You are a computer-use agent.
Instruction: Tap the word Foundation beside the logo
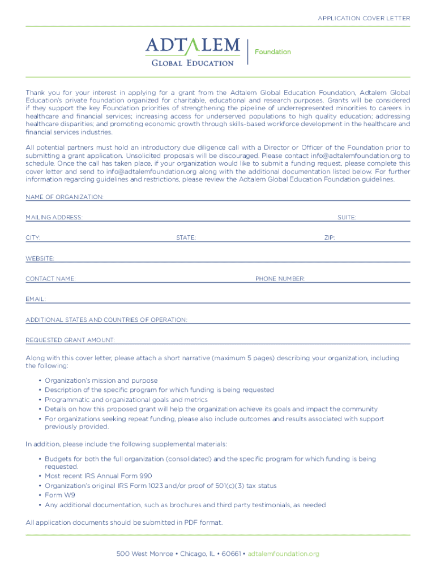tap(273, 52)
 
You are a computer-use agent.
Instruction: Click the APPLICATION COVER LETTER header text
tap(364, 19)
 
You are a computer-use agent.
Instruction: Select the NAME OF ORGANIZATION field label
tap(65, 197)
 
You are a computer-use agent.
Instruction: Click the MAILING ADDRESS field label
tap(54, 218)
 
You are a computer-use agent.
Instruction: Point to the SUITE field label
tap(347, 218)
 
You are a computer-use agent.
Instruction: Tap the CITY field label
tap(33, 238)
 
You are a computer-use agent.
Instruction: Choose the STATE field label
tap(186, 238)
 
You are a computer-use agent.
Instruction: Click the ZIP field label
tap(330, 238)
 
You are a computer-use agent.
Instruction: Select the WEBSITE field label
tap(40, 258)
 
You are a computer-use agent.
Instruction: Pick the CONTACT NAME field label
tap(51, 279)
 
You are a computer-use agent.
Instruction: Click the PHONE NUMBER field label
tap(280, 279)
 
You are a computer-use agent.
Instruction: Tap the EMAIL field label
tap(36, 299)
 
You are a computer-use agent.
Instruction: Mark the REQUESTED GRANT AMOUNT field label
tap(70, 340)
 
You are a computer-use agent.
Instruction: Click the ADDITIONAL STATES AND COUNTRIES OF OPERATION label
tap(106, 319)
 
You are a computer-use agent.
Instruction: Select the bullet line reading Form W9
tap(60, 495)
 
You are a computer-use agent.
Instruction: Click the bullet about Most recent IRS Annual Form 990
tap(98, 476)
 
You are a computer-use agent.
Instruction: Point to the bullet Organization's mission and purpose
tap(101, 381)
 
